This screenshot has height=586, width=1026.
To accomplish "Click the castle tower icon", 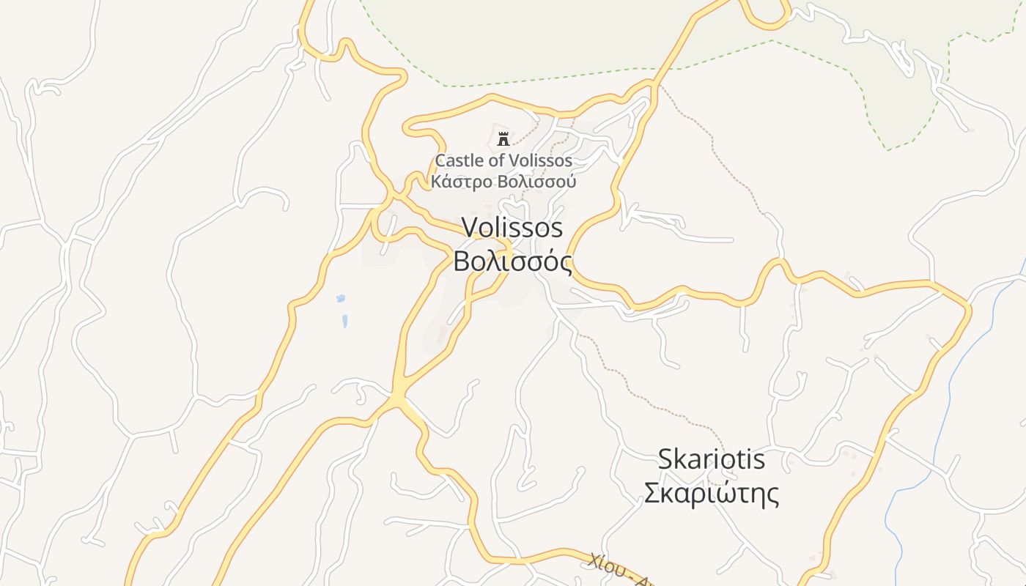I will point(503,138).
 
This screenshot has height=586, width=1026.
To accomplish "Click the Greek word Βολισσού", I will point(536,182).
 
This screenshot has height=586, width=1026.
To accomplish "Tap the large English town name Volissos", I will point(512,228).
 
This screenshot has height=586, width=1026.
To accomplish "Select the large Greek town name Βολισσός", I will point(512,262).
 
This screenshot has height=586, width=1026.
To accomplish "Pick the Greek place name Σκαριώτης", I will point(711,494).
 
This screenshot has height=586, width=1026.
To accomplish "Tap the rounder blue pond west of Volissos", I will point(340,299).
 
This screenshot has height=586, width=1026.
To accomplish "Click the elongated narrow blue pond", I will point(344,320).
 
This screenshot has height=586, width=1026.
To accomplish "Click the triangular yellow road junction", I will point(399,398).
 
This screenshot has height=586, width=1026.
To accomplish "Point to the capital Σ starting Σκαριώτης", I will point(652,494).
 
